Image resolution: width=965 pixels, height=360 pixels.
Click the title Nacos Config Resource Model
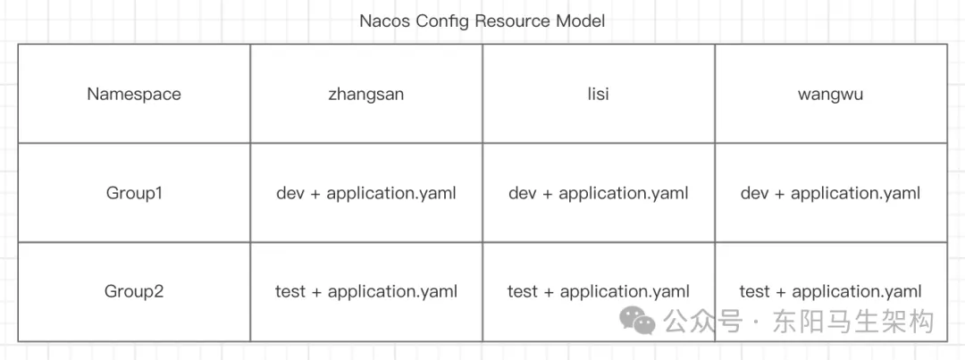(482, 21)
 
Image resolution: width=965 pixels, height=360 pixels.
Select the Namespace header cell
(134, 94)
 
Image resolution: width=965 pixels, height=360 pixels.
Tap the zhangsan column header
(366, 94)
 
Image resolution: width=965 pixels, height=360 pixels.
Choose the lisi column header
(599, 94)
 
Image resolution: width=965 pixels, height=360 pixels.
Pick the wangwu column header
(830, 94)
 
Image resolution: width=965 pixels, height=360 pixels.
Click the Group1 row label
(134, 193)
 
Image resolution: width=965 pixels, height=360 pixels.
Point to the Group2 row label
(134, 291)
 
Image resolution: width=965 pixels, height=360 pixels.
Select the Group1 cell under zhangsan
(366, 193)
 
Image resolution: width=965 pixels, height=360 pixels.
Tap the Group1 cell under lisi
(599, 193)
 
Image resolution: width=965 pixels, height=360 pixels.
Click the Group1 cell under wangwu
(830, 193)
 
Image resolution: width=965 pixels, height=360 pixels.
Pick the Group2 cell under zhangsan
(366, 291)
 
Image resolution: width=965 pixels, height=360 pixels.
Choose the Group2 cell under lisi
(599, 291)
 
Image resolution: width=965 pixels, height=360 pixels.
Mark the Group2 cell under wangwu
(830, 291)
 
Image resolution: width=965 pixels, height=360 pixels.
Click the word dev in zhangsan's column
(290, 193)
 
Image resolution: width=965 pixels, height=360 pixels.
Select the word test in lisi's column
(523, 291)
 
